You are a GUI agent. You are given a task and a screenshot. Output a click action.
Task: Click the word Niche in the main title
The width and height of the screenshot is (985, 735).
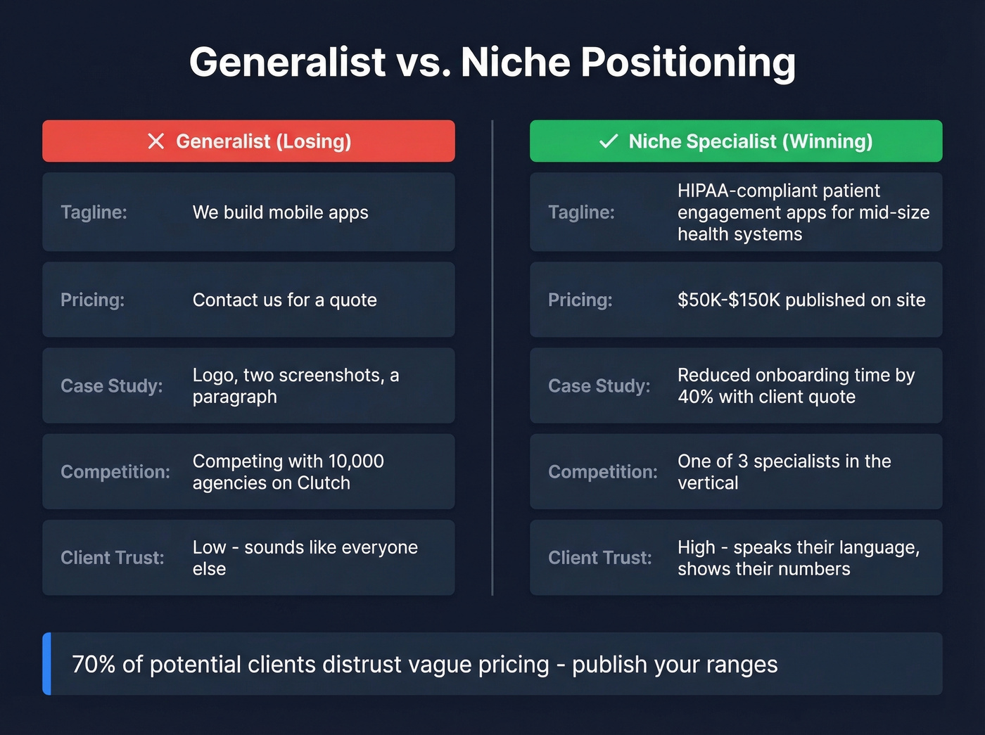[x=515, y=62]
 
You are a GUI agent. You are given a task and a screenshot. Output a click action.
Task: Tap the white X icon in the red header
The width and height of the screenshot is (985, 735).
[x=156, y=141]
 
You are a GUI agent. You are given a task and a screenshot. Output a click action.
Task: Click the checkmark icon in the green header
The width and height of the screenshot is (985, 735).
[x=609, y=141]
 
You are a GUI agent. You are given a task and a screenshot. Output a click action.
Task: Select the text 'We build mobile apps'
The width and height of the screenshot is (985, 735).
[x=280, y=212]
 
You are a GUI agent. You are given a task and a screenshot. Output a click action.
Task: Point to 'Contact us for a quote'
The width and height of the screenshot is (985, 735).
[x=284, y=300]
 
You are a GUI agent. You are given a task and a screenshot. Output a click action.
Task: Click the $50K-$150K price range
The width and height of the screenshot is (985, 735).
[x=729, y=300]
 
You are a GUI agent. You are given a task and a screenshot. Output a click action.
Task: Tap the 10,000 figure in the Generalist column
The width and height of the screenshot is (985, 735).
[x=356, y=461]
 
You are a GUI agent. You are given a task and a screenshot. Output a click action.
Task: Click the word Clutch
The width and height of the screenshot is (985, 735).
[x=324, y=483]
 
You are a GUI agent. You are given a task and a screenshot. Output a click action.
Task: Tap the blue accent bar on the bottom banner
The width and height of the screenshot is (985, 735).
[x=46, y=664]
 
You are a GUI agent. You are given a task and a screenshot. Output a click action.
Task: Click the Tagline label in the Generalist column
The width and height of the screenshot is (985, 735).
[x=94, y=212]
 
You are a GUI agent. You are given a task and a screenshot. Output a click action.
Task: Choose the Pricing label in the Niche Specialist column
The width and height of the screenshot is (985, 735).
[x=580, y=300]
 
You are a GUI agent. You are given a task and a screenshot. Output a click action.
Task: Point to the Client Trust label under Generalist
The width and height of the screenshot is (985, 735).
[x=112, y=558]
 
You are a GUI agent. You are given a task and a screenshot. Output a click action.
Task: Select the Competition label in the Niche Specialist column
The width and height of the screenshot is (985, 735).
[x=602, y=472]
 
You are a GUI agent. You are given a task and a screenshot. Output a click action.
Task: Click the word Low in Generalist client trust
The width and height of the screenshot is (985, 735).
[x=209, y=547]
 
